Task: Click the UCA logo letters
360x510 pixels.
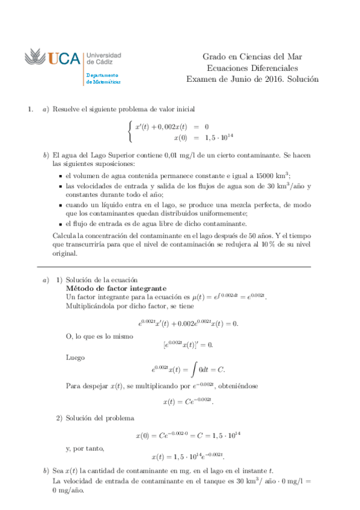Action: (64, 58)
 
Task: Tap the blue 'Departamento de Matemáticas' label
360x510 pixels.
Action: (103, 78)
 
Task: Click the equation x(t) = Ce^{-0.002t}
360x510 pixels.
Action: (188, 401)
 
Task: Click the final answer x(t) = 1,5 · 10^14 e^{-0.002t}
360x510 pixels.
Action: (188, 456)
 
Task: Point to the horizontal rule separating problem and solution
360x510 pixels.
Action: (174, 266)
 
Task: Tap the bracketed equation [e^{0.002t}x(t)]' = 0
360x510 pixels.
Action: (188, 345)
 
